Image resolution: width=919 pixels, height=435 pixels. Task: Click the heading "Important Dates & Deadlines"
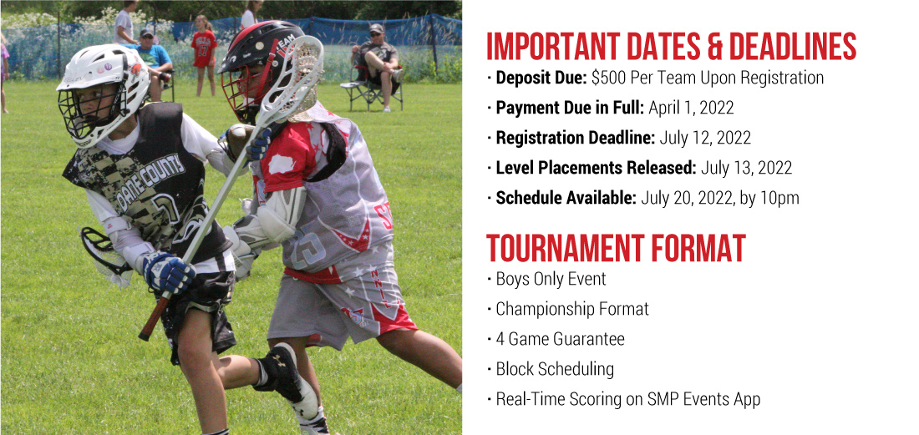[x=671, y=46]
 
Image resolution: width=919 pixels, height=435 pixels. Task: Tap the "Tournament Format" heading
[x=616, y=248]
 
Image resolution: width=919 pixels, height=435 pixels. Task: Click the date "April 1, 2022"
[x=690, y=108]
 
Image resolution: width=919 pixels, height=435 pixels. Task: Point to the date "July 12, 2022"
[x=705, y=138]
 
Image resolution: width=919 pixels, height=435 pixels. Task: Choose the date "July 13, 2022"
[x=746, y=168]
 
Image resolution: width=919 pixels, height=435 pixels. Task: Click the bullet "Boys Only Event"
[x=551, y=279]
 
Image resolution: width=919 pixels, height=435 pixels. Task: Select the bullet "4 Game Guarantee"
[x=561, y=339]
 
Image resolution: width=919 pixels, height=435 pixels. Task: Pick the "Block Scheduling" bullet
[x=555, y=369]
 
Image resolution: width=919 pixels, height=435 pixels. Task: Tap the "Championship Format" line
[x=572, y=309]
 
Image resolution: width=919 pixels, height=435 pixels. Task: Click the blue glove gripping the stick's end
[x=168, y=272]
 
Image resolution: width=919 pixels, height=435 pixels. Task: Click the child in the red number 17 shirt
[x=203, y=56]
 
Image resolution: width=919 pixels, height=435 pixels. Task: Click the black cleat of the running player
[x=287, y=377]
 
